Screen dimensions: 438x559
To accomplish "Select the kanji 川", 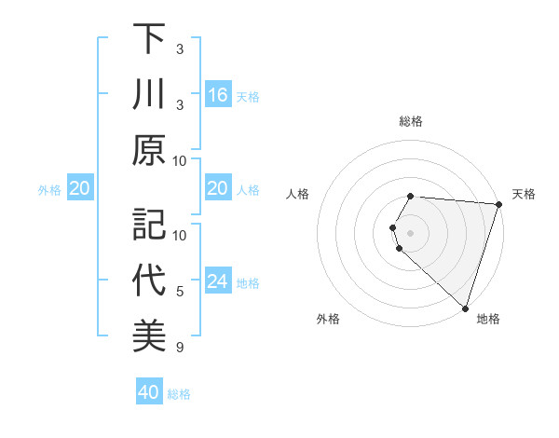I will coord(149,95).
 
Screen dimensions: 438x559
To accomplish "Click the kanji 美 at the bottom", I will coord(149,336).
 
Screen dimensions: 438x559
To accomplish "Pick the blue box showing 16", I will coord(218,95).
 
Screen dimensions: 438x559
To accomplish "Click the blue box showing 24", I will coord(218,281).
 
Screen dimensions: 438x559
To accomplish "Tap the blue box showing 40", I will coord(149,392).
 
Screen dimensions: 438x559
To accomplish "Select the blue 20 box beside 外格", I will coord(79,189).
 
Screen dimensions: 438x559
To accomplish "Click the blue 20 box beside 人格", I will coord(218,189).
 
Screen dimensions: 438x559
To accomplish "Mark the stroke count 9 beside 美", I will coord(180,348).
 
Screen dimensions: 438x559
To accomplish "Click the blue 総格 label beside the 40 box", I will coord(179,394).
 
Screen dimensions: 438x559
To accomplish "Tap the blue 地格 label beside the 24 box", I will coord(248,282).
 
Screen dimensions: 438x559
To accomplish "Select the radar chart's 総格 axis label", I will coord(411,121).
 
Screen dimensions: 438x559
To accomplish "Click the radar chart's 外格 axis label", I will coord(328,319).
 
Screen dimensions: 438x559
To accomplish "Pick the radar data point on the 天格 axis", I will coord(498,204).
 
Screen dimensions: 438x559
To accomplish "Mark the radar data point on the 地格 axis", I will coord(465,308).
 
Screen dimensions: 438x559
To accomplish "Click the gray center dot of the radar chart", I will coord(411,231).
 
